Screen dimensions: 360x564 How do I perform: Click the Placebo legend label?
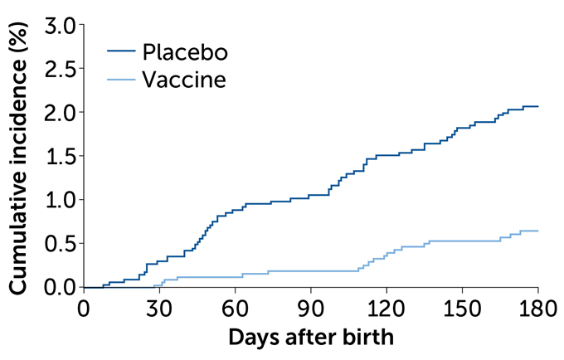[x=183, y=51]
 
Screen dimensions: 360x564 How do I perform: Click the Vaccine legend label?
[x=183, y=80]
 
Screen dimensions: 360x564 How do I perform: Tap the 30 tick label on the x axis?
[x=159, y=308]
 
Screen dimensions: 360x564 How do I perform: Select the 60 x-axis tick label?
[x=235, y=308]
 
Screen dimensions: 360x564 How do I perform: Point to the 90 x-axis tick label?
[x=311, y=308]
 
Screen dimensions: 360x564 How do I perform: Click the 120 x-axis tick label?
[x=387, y=308]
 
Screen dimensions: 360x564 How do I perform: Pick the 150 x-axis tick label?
[x=463, y=308]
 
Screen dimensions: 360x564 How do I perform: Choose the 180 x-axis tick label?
[x=538, y=308]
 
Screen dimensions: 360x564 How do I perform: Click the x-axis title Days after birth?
[x=311, y=338]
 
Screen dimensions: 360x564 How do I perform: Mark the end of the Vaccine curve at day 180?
[x=538, y=231]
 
